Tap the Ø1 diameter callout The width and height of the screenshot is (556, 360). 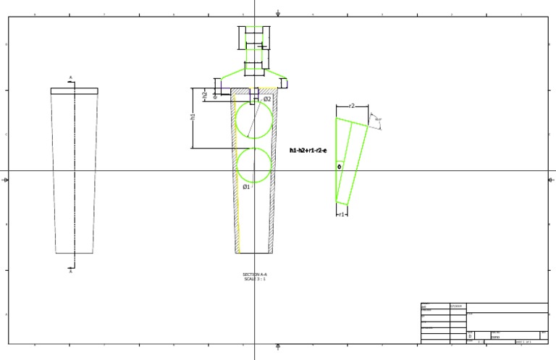246,187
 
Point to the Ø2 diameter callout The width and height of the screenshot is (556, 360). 267,99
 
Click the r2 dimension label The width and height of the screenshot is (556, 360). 352,106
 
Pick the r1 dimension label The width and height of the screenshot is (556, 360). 342,214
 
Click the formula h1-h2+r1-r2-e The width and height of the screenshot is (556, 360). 308,151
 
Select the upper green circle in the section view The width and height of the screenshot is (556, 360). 254,120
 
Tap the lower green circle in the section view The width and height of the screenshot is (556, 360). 254,165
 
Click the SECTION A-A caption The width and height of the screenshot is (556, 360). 255,275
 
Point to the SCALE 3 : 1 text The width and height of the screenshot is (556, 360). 255,279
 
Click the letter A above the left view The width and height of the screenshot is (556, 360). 70,78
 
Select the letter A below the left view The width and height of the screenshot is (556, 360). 70,272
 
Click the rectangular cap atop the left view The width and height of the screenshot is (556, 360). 74,91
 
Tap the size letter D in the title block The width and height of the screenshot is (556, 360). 470,336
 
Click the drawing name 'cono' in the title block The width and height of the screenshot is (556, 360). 496,336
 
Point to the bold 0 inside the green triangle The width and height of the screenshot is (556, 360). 339,167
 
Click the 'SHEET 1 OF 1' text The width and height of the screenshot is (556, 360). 523,341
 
